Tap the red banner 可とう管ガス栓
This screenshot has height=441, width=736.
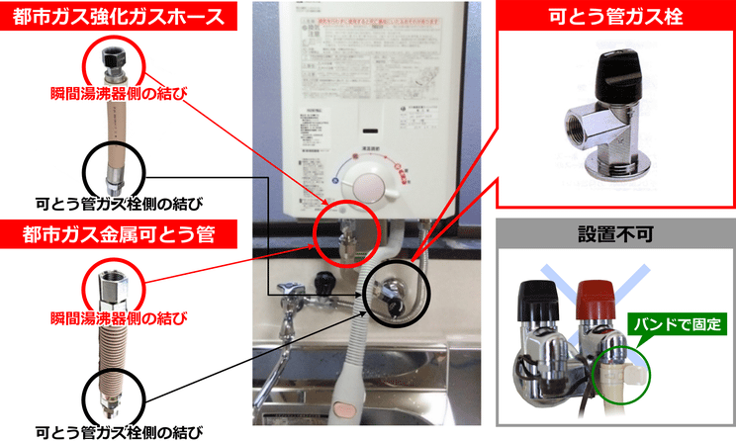(x=614, y=16)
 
